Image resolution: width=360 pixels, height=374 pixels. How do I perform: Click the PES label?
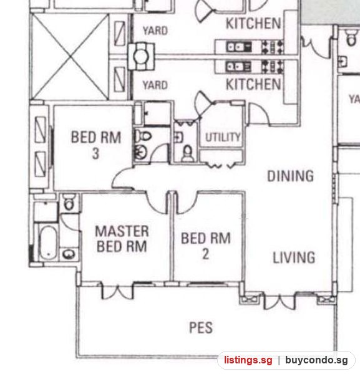(x=201, y=327)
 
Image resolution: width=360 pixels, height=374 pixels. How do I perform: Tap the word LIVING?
(x=294, y=257)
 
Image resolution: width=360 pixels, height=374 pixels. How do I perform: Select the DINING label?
(x=290, y=176)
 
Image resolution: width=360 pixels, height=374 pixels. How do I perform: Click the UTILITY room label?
(x=223, y=137)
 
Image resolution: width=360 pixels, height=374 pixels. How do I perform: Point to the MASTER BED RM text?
(x=122, y=239)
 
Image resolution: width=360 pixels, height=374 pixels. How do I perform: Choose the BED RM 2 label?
(x=206, y=246)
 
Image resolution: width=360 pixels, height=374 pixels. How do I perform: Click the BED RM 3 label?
(x=96, y=145)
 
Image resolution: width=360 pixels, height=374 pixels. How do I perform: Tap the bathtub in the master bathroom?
(x=48, y=242)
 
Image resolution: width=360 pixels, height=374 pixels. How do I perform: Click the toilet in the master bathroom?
(x=69, y=202)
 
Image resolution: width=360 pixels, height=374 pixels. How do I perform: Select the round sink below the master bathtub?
(x=69, y=254)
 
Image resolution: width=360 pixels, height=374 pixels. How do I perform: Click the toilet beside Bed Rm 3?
(x=143, y=137)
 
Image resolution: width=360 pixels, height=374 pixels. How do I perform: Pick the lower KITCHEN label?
(x=253, y=84)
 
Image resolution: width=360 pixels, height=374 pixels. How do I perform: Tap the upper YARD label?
(x=155, y=31)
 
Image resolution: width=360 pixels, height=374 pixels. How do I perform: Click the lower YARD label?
(x=155, y=85)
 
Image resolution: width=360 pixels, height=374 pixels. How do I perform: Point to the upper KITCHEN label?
(x=253, y=23)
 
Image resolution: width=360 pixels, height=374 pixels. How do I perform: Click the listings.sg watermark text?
(x=248, y=360)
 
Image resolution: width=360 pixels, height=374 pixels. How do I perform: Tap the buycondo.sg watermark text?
(x=316, y=360)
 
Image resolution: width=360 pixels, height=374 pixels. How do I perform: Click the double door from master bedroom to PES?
(x=117, y=291)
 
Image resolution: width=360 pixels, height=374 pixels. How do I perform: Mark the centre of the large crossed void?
(x=70, y=57)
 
